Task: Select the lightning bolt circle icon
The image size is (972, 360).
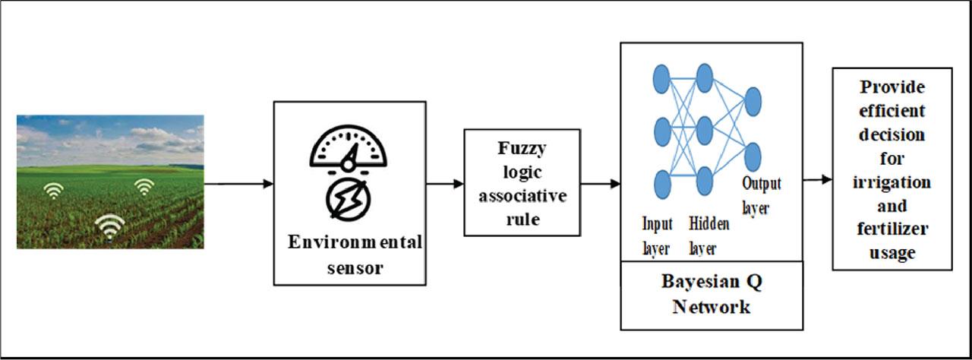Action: tap(349, 201)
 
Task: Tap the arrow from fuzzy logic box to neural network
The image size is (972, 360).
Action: tap(601, 183)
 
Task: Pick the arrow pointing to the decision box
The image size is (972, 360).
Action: tap(817, 181)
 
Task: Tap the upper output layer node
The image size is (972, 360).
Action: tap(753, 102)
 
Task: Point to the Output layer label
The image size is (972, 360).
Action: tap(761, 194)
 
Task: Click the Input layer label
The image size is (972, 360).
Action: tap(658, 235)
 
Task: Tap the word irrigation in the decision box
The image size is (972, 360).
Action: tap(892, 183)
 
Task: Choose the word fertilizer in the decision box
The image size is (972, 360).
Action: tap(892, 229)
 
